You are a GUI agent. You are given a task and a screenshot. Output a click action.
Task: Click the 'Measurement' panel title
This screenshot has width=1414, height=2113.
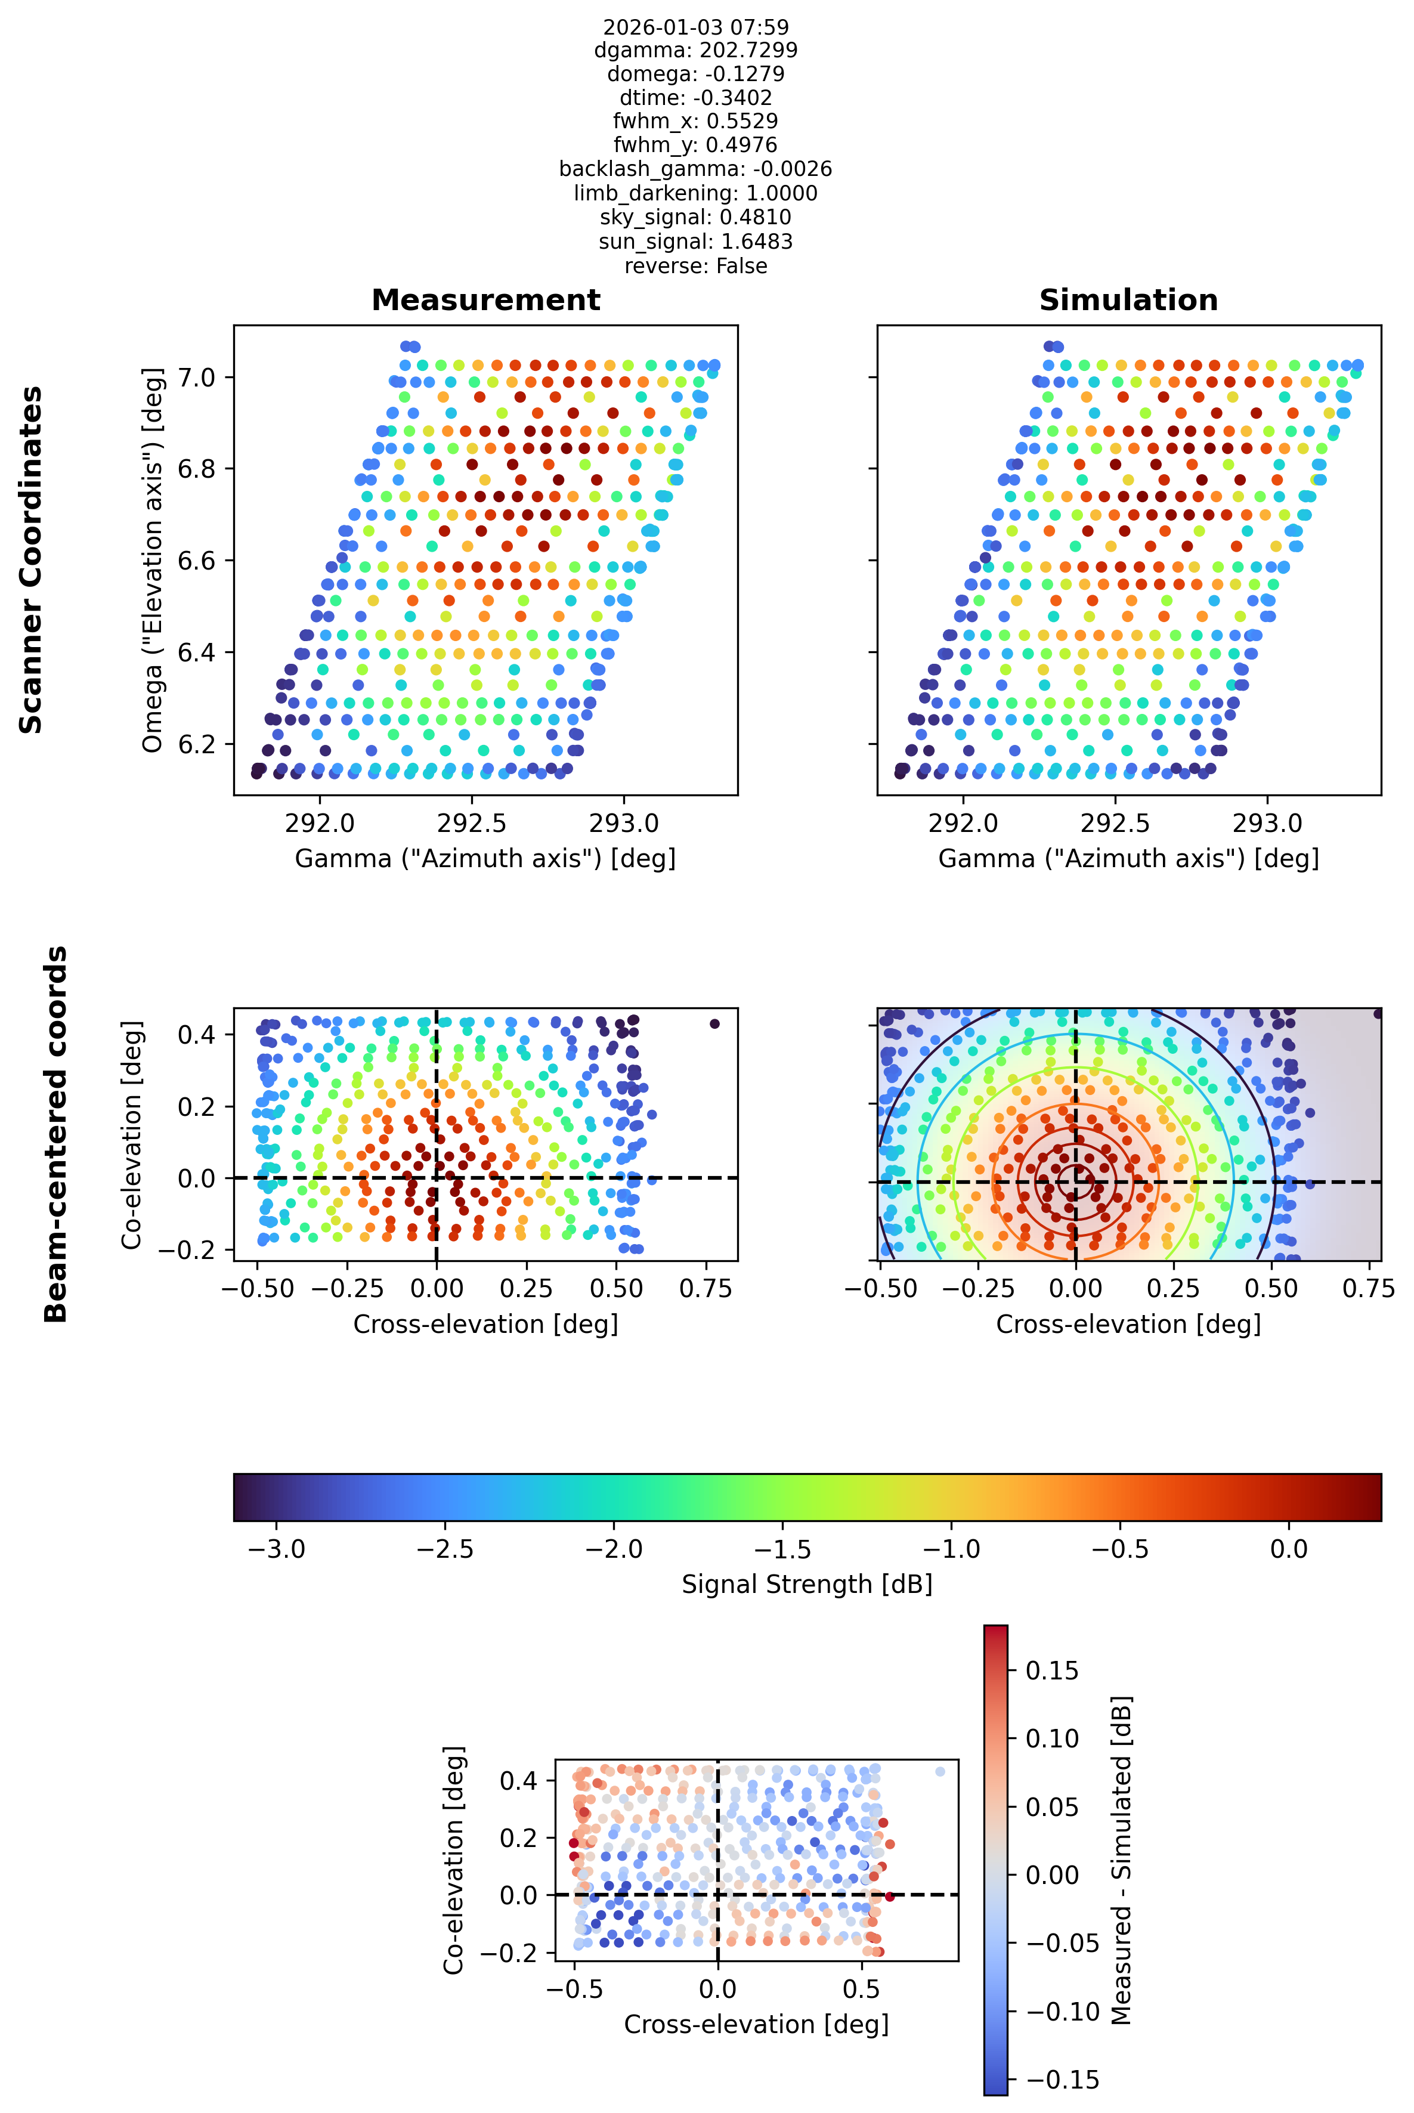[x=485, y=301]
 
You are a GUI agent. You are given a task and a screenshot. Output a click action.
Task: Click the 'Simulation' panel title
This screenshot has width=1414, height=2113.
[x=1128, y=301]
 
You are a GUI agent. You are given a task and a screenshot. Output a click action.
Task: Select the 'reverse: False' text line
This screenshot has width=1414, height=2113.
[x=695, y=266]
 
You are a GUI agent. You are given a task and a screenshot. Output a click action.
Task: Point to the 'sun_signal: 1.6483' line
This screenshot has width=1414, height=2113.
[x=695, y=242]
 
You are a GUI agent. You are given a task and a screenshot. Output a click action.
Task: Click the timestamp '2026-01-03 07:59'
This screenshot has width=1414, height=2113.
[x=695, y=27]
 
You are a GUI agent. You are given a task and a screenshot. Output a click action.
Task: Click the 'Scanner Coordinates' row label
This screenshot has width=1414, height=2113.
[x=32, y=559]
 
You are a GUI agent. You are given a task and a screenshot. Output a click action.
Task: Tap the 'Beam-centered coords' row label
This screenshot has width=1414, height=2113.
[x=56, y=1134]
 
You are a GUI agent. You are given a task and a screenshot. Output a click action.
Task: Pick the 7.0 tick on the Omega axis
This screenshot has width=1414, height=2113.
[x=197, y=377]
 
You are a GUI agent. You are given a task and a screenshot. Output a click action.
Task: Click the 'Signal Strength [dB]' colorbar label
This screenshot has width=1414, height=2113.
[x=807, y=1585]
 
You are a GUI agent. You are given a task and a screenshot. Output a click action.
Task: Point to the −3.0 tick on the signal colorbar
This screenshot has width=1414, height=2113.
[x=277, y=1549]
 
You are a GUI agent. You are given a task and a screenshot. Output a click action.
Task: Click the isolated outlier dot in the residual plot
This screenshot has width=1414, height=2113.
[x=940, y=1771]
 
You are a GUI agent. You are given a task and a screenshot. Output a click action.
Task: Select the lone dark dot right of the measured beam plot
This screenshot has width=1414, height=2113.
[x=714, y=1023]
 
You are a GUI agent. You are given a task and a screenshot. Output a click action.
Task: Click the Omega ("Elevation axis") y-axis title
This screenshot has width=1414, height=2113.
[x=153, y=559]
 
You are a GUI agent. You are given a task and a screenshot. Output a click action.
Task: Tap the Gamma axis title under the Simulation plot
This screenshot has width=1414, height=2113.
[x=1128, y=859]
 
